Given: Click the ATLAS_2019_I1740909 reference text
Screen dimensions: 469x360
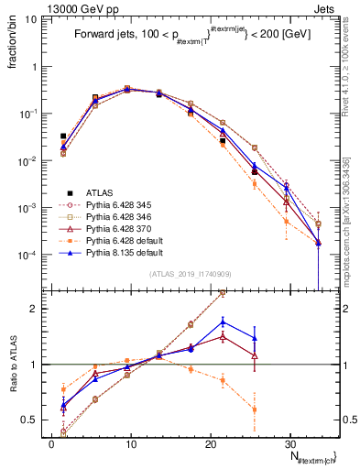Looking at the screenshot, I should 190,274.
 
